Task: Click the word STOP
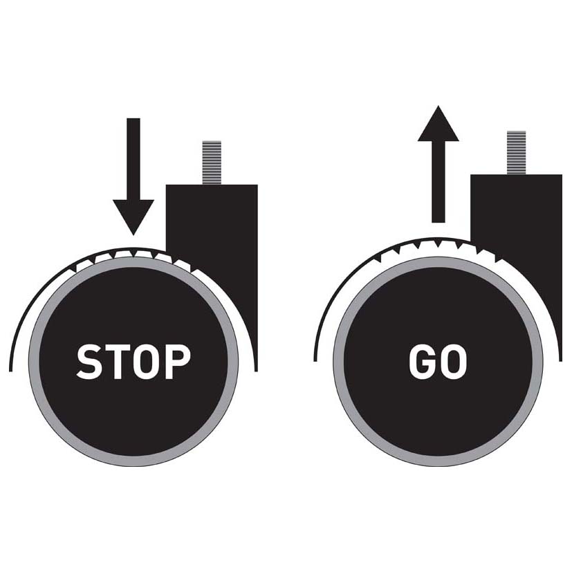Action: click(133, 362)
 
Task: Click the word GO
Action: click(438, 362)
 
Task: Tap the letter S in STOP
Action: click(89, 362)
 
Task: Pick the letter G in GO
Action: click(422, 362)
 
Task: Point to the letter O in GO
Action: click(454, 362)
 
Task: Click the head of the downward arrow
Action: click(133, 217)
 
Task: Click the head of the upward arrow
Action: click(438, 123)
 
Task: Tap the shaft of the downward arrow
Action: click(133, 159)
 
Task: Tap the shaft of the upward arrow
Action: click(438, 182)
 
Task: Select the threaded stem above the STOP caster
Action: click(212, 163)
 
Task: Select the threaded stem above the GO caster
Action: click(517, 152)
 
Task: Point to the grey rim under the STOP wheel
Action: click(133, 461)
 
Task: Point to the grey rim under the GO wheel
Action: click(438, 461)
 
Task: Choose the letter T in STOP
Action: click(118, 362)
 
